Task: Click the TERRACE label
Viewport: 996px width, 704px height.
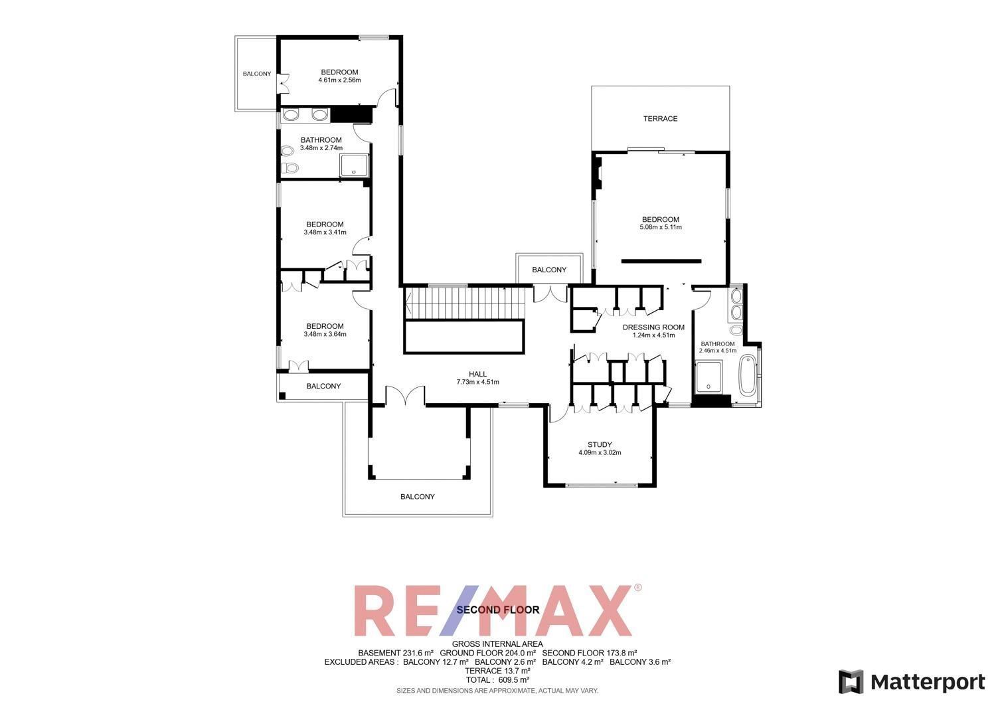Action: pos(660,119)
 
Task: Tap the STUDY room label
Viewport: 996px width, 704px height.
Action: pos(600,445)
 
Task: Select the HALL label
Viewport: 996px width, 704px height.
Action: pos(477,374)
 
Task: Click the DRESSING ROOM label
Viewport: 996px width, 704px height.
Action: pos(653,327)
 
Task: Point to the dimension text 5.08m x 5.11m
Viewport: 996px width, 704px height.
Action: pos(661,227)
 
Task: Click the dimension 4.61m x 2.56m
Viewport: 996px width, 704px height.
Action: pos(339,80)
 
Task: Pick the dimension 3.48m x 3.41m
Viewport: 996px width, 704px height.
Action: pos(325,232)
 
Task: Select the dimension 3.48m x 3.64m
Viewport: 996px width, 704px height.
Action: pos(325,334)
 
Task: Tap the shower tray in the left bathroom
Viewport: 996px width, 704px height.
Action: pos(354,165)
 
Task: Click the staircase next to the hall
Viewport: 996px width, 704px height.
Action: pos(465,303)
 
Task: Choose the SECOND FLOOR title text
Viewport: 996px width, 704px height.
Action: pos(498,610)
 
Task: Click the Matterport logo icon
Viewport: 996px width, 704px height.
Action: pos(851,682)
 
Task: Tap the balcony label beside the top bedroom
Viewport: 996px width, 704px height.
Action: pos(257,74)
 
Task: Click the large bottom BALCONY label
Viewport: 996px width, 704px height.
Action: pos(418,497)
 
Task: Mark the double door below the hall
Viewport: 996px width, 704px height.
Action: pos(405,396)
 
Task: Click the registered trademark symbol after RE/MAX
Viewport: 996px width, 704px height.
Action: pos(638,588)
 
